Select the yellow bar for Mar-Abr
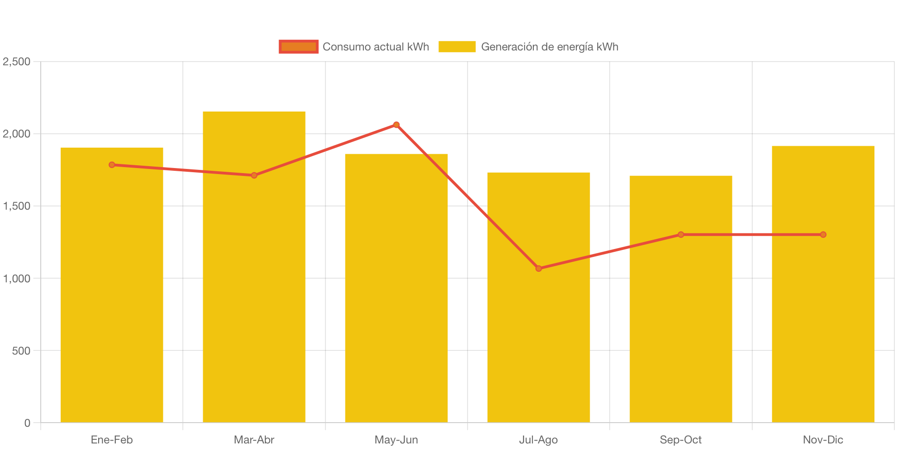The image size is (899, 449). point(254,278)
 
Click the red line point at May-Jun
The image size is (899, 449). point(396,125)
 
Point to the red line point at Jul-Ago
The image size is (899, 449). point(538,268)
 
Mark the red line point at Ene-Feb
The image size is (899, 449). point(112,165)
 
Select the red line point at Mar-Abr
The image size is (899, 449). point(254,175)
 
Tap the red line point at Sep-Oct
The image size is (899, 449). point(680,235)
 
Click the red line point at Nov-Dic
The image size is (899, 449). point(823,235)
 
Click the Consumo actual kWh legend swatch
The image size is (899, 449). point(299,47)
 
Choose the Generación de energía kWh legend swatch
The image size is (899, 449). point(456,47)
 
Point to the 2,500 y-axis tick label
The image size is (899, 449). point(17,62)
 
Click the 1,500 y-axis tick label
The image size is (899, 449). point(17,206)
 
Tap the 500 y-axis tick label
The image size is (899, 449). point(21,351)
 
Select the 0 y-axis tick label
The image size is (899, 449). point(27,423)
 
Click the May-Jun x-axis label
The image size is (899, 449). point(396,440)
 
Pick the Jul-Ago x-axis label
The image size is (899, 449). point(538,440)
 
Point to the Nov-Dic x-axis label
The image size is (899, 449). point(823,440)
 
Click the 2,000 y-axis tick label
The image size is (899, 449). point(17,134)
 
